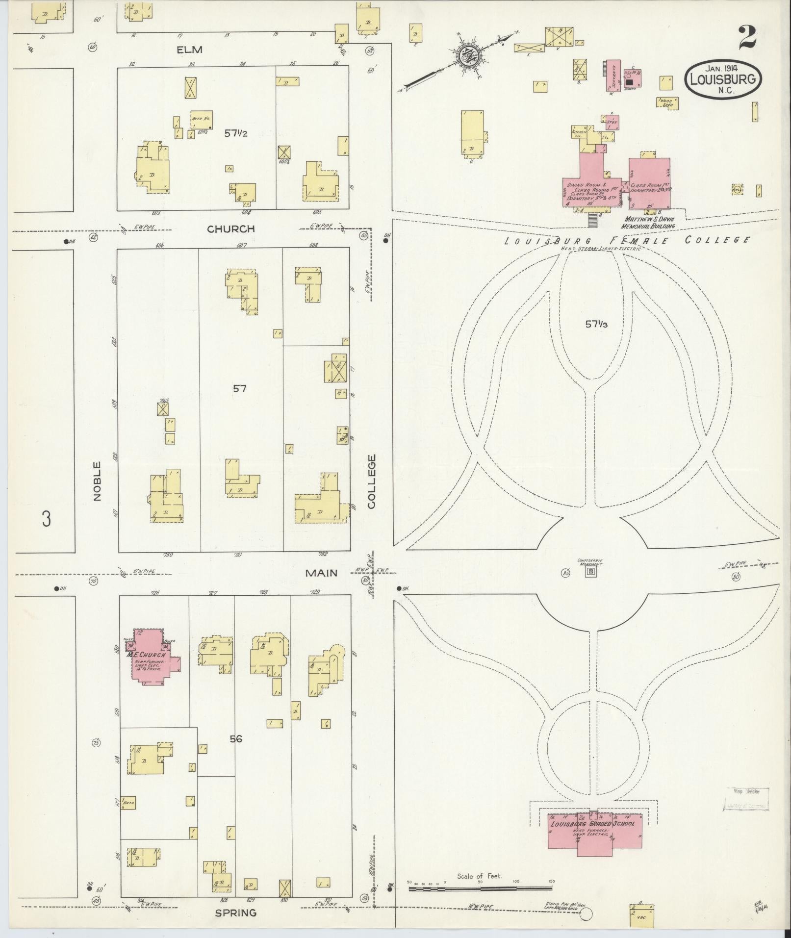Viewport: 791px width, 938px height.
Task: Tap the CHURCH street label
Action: click(230, 229)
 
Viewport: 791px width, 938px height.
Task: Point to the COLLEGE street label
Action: click(371, 481)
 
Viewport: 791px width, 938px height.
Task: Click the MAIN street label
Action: click(322, 573)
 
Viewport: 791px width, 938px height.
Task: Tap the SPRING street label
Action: click(235, 913)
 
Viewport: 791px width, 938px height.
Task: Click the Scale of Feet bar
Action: click(481, 888)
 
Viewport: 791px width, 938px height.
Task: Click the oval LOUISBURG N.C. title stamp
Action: click(724, 79)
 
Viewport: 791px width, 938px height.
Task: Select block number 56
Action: click(236, 738)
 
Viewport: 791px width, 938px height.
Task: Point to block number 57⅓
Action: click(596, 324)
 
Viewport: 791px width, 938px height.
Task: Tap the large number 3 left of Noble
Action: click(46, 518)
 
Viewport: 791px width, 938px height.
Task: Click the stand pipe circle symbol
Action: click(587, 913)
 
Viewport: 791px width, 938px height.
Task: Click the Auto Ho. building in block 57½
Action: click(202, 120)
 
